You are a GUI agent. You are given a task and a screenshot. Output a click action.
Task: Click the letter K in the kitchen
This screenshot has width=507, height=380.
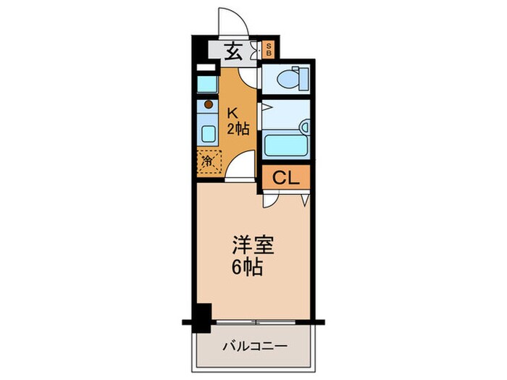[x=233, y=112]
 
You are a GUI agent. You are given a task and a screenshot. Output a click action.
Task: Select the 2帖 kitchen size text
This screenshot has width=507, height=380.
[x=238, y=130]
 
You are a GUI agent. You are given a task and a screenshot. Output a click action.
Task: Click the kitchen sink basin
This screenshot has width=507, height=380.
[x=207, y=134]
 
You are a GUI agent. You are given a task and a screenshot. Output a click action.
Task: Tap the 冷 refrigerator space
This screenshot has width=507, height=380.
[x=207, y=161]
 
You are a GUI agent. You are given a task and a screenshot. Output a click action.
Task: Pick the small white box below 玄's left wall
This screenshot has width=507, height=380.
[x=207, y=68]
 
